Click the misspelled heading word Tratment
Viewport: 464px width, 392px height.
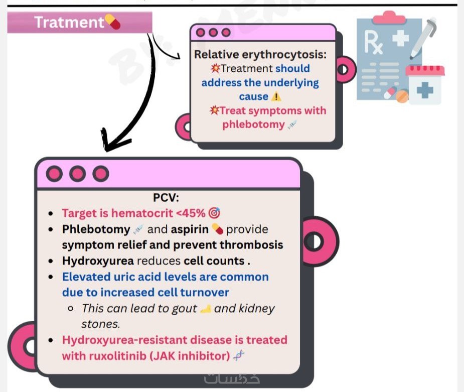coord(68,22)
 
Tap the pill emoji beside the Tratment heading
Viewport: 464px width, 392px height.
coord(112,22)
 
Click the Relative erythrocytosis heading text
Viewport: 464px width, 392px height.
coord(260,54)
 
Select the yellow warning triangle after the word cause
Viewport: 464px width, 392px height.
coord(276,96)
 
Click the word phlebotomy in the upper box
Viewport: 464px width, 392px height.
coord(253,124)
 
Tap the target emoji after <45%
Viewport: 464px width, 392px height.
coord(214,213)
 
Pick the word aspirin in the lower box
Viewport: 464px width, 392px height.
coord(190,229)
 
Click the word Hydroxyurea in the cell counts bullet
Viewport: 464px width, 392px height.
coord(98,261)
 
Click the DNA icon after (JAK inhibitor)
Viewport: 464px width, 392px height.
coord(240,356)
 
